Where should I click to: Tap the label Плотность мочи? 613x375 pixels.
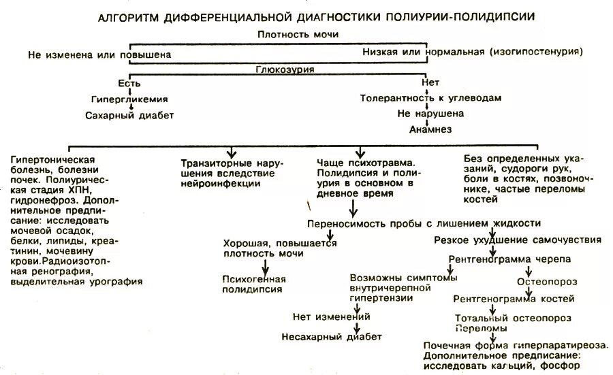pos(298,34)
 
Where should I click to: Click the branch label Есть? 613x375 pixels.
pos(129,84)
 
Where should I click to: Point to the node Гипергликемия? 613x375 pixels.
pos(129,99)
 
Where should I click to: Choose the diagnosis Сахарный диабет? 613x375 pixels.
pos(129,115)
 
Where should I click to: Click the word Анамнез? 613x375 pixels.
pos(430,129)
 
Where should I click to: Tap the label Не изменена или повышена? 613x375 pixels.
pos(99,53)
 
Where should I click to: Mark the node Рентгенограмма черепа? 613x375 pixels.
pos(509,259)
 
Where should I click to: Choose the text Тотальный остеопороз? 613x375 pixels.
pos(513,318)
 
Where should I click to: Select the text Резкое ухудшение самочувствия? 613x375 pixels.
pos(518,240)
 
